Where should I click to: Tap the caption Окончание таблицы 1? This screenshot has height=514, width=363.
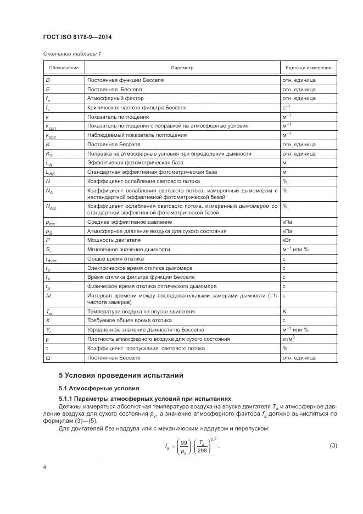[71, 53]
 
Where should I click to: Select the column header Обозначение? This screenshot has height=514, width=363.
[64, 68]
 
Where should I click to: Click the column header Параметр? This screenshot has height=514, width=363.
[182, 68]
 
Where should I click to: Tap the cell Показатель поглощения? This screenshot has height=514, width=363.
[118, 117]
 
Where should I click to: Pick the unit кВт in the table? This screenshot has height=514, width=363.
[287, 240]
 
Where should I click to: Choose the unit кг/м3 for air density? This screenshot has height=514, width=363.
[289, 339]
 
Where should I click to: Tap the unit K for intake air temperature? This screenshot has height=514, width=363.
[284, 311]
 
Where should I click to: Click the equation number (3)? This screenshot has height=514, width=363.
[333, 444]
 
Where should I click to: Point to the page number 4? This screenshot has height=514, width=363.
[45, 482]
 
